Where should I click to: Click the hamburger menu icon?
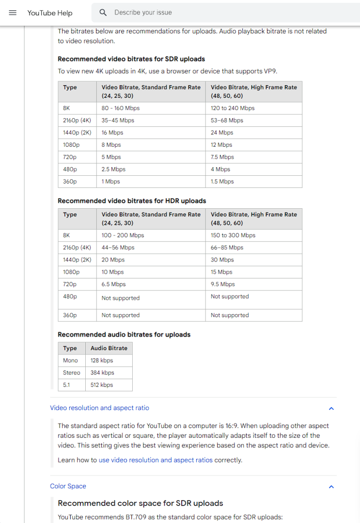pos(13,13)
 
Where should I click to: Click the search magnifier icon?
pos(103,13)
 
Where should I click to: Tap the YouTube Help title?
pos(50,13)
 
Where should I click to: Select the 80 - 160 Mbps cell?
pos(121,108)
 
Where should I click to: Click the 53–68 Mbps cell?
pos(227,120)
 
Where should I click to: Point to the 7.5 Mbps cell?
pos(223,157)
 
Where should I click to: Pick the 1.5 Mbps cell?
pos(222,182)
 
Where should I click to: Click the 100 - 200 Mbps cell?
pos(123,235)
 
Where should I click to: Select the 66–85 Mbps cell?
pos(227,247)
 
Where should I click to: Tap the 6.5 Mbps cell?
pos(113,284)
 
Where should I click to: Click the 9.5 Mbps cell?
pos(222,284)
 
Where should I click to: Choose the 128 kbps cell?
pos(102,360)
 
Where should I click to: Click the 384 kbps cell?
pos(102,373)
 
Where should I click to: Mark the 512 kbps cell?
pos(102,385)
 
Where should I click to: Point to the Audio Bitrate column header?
pos(109,348)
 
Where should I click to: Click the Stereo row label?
pos(72,373)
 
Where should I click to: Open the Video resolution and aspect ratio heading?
pos(99,408)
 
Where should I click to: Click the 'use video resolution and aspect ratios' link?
pos(156,460)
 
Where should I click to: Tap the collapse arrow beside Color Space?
pos(331,487)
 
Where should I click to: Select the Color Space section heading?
pos(68,486)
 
